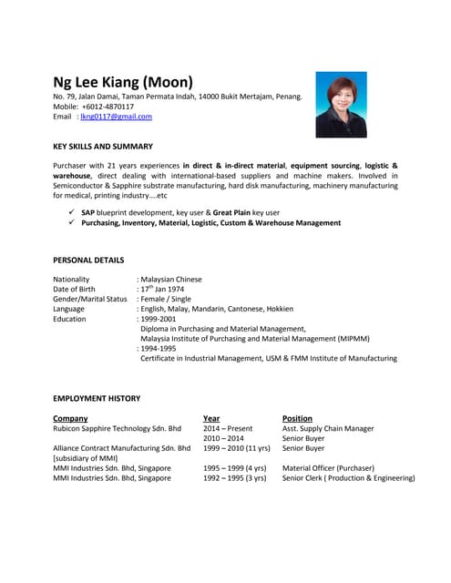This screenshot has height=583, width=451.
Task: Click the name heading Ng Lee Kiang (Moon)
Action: [123, 82]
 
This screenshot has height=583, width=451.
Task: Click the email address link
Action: [116, 117]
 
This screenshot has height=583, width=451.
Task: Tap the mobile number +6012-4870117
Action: [108, 107]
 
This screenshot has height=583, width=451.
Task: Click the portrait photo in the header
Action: [341, 105]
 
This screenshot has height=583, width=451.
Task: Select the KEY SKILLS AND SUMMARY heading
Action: [103, 147]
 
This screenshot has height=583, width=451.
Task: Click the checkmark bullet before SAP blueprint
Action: [71, 212]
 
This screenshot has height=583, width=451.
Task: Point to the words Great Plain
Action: [231, 212]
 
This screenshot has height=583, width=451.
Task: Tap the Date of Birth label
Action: [74, 290]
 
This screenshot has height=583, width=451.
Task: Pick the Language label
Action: [69, 310]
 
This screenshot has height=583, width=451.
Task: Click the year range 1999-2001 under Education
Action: [161, 320]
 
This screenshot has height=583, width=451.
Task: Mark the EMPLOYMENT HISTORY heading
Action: [97, 399]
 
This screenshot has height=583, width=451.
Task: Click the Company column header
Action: [71, 419]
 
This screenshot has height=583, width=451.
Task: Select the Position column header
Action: [297, 419]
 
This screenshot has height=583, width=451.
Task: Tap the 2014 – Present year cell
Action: [228, 429]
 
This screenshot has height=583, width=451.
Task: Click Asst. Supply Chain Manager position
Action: [328, 429]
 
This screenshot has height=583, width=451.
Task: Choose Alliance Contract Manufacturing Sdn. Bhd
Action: [122, 449]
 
